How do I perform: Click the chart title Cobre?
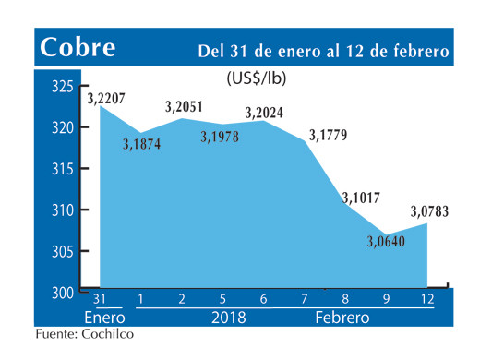(78, 48)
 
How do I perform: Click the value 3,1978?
(222, 138)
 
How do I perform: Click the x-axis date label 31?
(99, 299)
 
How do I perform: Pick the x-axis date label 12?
(427, 299)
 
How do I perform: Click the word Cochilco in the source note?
(105, 335)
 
